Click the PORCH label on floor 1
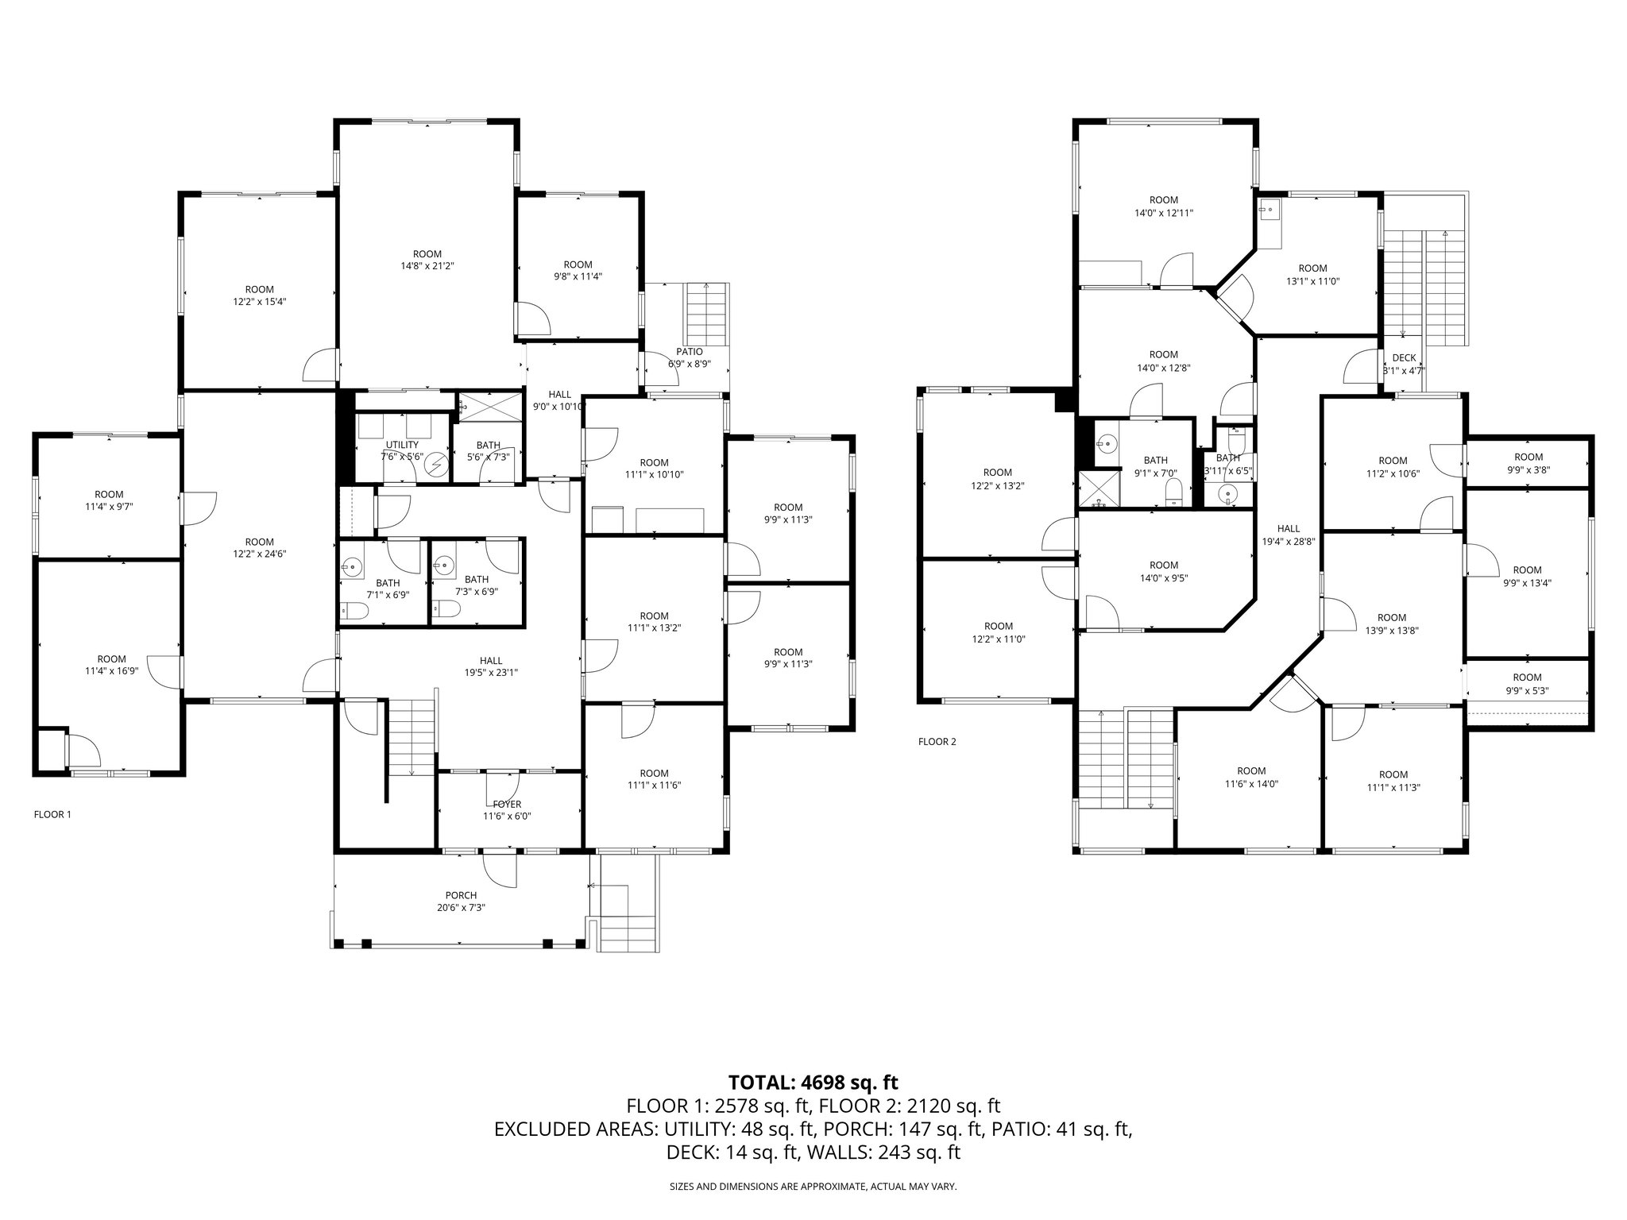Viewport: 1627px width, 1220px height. point(461,895)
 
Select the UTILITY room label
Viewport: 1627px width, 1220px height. point(402,445)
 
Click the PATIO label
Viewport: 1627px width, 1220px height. point(690,352)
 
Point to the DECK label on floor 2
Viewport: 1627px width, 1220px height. point(1404,358)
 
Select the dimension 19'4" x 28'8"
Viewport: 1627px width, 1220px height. point(1289,542)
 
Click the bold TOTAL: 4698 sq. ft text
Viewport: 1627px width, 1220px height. point(813,1082)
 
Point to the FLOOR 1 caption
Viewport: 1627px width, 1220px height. point(52,814)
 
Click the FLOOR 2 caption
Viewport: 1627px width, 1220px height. point(937,742)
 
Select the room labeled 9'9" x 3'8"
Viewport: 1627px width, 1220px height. point(1528,463)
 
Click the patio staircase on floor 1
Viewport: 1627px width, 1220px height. point(706,311)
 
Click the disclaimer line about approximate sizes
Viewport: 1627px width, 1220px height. point(813,1187)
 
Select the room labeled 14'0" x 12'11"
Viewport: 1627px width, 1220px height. point(1164,207)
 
